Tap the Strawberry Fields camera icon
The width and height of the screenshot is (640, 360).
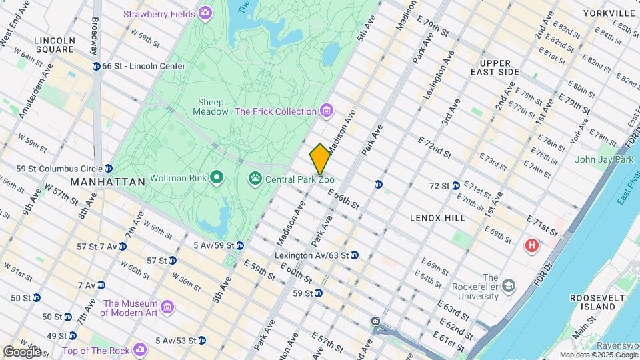point(205,13)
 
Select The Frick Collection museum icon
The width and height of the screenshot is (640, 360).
point(325,111)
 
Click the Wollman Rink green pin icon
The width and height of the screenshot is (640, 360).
point(216,178)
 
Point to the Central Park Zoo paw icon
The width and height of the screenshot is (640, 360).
point(255,178)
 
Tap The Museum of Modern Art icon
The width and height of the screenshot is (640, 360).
point(167,307)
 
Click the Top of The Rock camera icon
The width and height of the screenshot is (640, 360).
point(139,349)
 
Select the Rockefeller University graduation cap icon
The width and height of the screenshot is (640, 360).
point(509,287)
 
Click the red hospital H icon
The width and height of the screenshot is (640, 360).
point(531,246)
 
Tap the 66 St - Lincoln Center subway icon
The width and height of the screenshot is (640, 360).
point(97,66)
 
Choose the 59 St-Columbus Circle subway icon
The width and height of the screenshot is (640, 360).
point(109,168)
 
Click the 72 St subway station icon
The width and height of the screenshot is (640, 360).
point(455,185)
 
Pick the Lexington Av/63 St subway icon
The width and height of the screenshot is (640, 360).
point(355,255)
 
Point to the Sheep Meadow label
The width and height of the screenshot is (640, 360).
point(213,107)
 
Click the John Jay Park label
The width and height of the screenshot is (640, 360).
point(604,159)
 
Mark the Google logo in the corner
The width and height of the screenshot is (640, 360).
point(22,351)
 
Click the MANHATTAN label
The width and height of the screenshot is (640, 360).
point(107,182)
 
